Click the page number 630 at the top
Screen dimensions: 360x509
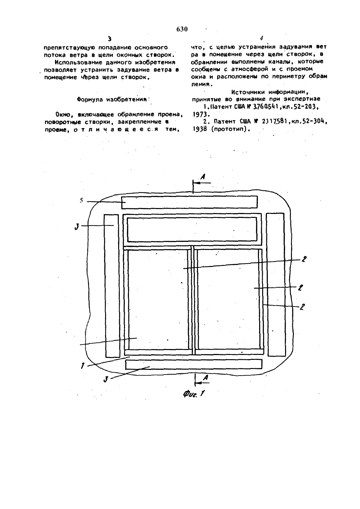pyautogui.click(x=182, y=29)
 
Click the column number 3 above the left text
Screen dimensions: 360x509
pyautogui.click(x=110, y=39)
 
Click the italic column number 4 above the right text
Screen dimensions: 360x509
pyautogui.click(x=261, y=38)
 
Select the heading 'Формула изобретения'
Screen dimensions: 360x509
pyautogui.click(x=112, y=99)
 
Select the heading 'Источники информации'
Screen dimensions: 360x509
pyautogui.click(x=270, y=92)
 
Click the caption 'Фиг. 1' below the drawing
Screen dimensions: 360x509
pyautogui.click(x=194, y=393)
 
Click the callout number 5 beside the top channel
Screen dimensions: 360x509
pyautogui.click(x=81, y=201)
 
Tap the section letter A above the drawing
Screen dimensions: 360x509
pyautogui.click(x=203, y=176)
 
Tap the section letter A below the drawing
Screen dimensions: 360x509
pyautogui.click(x=205, y=377)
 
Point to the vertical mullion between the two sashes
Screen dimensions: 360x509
pyautogui.click(x=193, y=300)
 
